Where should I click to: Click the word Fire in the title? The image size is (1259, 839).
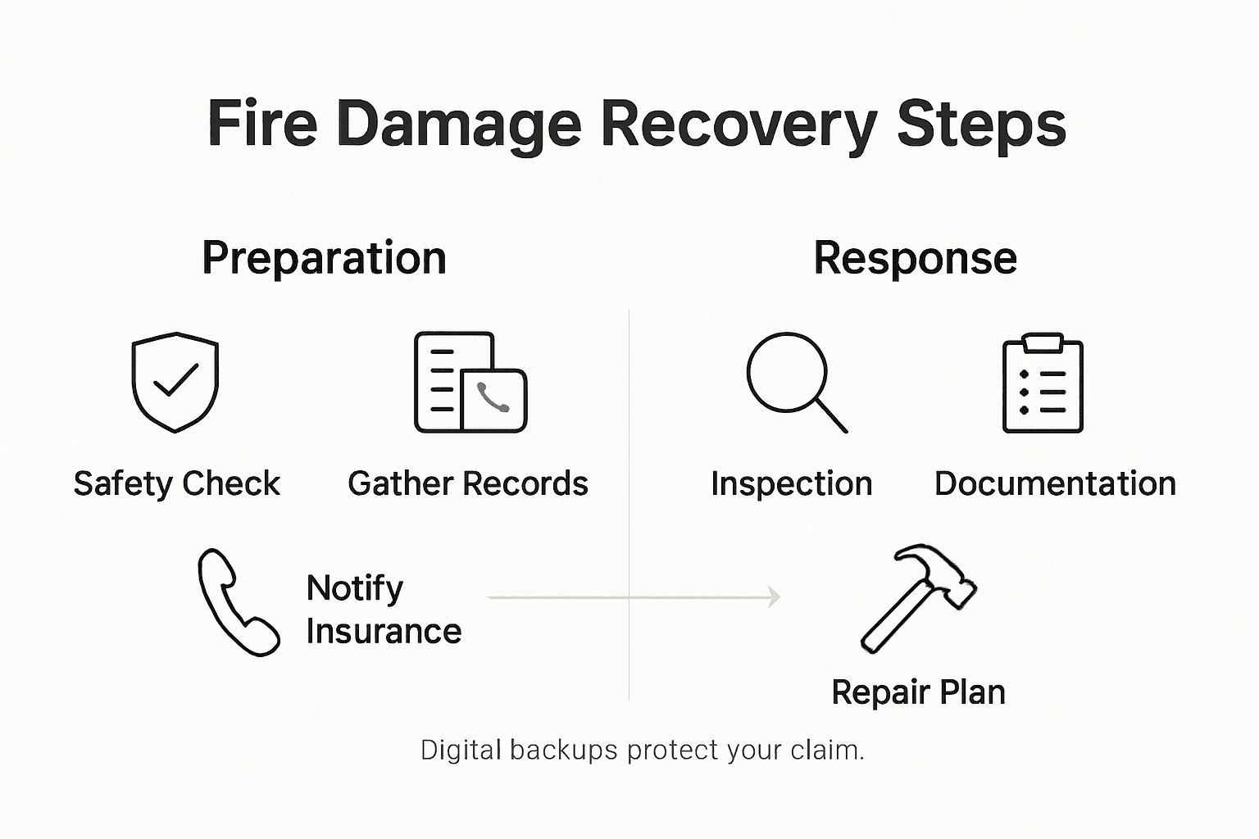tap(262, 125)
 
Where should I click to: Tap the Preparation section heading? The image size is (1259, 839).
tap(324, 258)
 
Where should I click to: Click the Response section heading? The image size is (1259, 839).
tap(915, 258)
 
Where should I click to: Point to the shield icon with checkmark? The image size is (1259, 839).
tap(175, 382)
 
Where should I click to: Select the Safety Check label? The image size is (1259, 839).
tap(176, 483)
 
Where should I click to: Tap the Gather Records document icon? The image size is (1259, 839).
tap(470, 382)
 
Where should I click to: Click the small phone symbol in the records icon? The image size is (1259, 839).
tap(493, 398)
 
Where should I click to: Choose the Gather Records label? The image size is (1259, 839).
tap(467, 483)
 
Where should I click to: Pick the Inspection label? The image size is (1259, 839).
tap(791, 483)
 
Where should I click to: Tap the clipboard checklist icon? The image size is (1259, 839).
tap(1043, 383)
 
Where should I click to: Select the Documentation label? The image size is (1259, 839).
tap(1055, 483)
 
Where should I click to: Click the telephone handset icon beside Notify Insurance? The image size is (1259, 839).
tap(238, 602)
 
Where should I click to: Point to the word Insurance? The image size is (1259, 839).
tap(384, 632)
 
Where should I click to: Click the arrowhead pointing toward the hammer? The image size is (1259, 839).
tap(773, 597)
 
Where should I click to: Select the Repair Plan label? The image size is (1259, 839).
tap(918, 692)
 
